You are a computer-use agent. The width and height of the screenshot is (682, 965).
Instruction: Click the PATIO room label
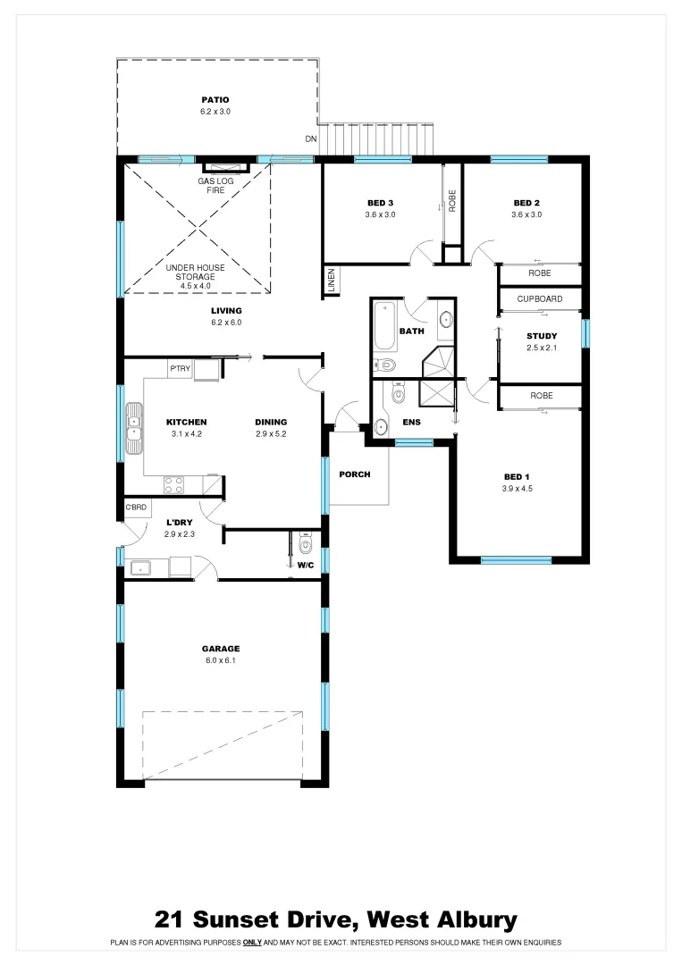click(215, 100)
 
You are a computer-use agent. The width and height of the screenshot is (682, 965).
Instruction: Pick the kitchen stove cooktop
click(174, 485)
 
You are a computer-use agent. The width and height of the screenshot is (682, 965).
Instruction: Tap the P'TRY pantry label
click(179, 368)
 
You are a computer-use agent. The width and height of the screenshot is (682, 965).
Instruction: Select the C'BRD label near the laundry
click(135, 508)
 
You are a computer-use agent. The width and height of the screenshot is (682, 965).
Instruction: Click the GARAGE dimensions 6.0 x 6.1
click(220, 661)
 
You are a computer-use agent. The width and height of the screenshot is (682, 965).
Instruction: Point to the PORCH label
click(354, 474)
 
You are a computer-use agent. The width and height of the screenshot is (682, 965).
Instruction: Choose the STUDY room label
click(541, 336)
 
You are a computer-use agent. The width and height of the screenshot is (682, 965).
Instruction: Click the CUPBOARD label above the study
click(540, 299)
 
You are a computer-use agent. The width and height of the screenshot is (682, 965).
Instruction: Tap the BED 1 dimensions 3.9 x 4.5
click(518, 489)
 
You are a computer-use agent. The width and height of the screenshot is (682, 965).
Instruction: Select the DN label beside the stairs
click(310, 139)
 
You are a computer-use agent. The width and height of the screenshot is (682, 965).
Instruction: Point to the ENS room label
click(411, 422)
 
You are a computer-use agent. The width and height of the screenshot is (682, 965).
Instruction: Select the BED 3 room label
click(380, 202)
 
